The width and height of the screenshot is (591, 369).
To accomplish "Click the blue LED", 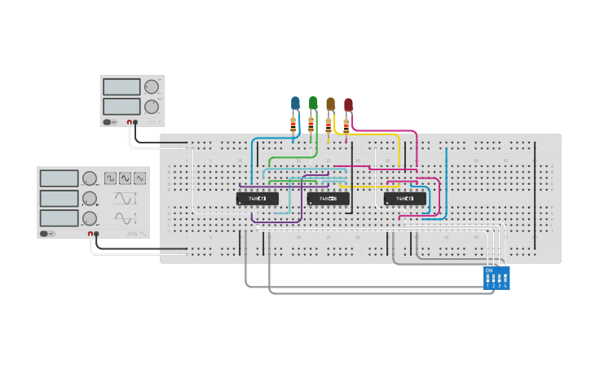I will click(x=295, y=103).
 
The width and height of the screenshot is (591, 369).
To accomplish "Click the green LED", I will click(x=313, y=103).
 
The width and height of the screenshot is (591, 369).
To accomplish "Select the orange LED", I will click(x=330, y=103).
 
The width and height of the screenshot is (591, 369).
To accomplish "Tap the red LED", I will click(x=348, y=104).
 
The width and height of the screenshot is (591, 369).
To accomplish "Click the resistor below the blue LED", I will click(x=293, y=125).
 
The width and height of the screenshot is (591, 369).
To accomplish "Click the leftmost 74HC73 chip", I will click(x=258, y=198).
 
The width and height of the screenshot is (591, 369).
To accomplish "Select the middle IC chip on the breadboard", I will click(x=328, y=198).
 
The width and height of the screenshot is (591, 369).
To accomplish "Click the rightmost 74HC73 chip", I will click(x=404, y=198).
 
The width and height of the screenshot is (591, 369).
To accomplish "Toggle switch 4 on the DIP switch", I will click(x=505, y=278).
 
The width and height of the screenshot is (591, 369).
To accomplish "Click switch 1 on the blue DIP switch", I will click(x=488, y=278).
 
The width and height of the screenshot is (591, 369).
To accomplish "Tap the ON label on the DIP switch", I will click(x=489, y=270).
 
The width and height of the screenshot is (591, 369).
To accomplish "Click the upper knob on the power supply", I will click(x=152, y=87).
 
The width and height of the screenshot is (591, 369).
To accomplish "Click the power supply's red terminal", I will click(x=128, y=122).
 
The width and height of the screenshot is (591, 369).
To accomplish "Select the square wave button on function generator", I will click(x=109, y=178).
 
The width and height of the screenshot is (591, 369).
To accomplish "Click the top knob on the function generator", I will click(x=90, y=178).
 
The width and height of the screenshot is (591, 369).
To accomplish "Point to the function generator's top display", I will click(x=59, y=178).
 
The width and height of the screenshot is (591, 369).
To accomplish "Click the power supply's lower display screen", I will click(x=121, y=106).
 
